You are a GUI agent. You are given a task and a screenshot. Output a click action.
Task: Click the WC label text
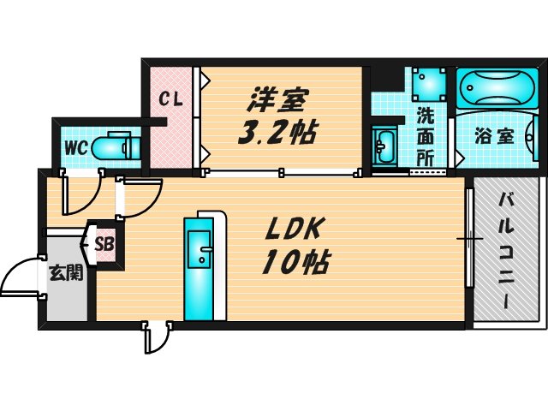tap(74, 147)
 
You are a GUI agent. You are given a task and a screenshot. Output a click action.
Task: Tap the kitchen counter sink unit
tap(203, 265)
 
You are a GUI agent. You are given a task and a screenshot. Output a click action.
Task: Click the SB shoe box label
tap(104, 245)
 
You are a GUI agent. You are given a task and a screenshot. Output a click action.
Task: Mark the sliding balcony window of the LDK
tap(469, 238)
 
